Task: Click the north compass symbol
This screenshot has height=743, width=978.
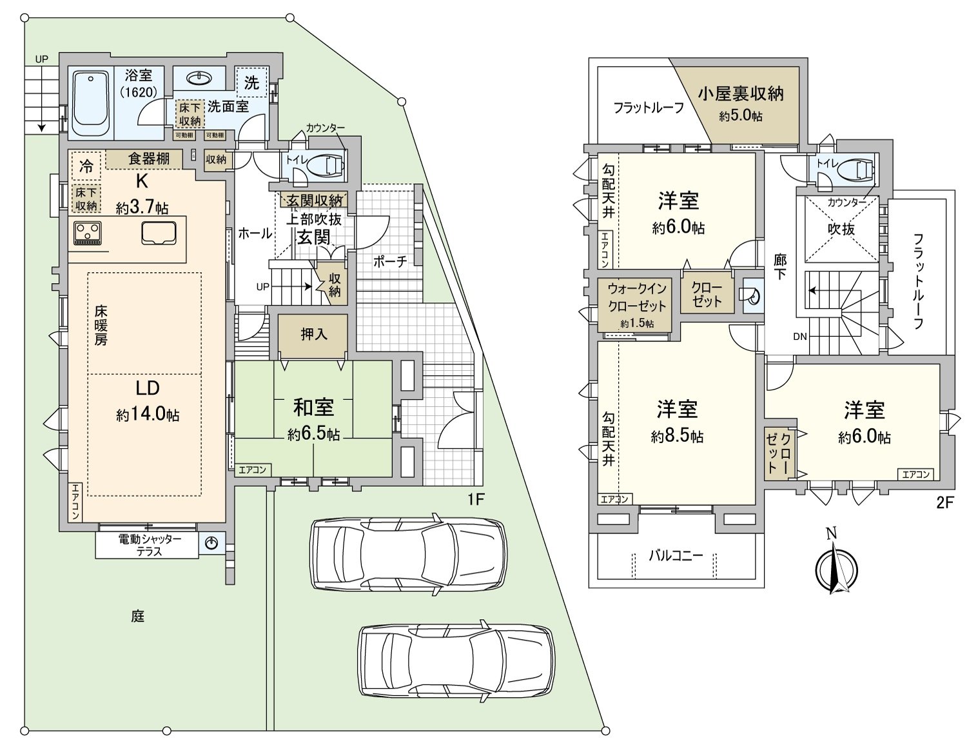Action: click(x=836, y=568)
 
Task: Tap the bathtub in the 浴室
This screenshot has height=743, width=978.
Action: click(x=90, y=103)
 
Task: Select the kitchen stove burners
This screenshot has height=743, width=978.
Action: click(x=88, y=233)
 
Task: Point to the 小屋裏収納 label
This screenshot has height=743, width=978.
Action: click(x=740, y=94)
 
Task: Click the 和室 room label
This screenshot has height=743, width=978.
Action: click(x=313, y=407)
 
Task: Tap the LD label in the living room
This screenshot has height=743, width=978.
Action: click(x=147, y=388)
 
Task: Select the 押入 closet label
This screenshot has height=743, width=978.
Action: click(x=314, y=334)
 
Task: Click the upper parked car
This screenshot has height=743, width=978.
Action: click(x=407, y=552)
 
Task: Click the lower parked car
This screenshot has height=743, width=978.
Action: click(x=456, y=659)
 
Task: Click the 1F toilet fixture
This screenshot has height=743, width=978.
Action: click(x=328, y=166)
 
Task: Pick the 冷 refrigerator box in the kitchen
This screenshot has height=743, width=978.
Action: click(x=86, y=166)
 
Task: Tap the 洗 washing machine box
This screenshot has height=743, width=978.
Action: click(x=251, y=83)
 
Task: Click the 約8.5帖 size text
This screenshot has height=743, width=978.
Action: click(x=677, y=437)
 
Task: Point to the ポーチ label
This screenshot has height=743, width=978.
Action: click(x=390, y=261)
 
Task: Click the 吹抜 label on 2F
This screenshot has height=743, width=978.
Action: click(x=841, y=229)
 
